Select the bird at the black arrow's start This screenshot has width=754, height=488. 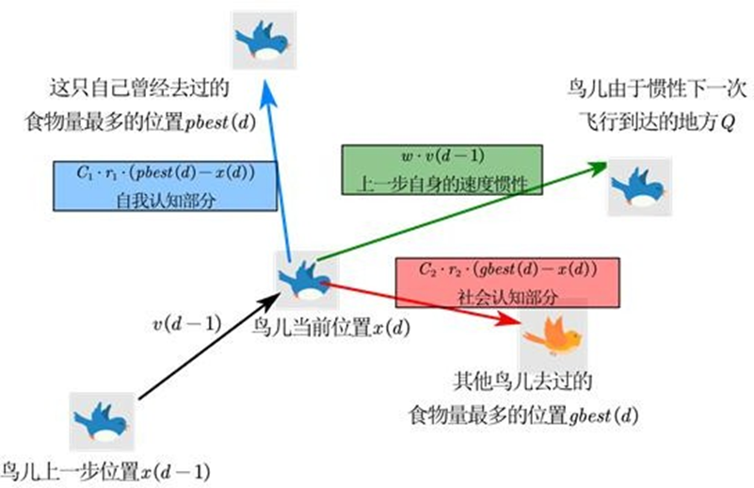[x=99, y=420]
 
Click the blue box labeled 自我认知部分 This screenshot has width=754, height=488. [x=166, y=186]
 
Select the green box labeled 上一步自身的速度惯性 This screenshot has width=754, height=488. [x=441, y=171]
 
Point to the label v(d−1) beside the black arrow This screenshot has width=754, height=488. [x=186, y=324]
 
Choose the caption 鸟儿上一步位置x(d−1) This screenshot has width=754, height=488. [x=104, y=471]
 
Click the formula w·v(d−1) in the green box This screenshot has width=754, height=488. [x=441, y=156]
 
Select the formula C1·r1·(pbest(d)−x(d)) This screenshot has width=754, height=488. [x=166, y=173]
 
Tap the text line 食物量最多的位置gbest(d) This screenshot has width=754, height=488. [x=523, y=414]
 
